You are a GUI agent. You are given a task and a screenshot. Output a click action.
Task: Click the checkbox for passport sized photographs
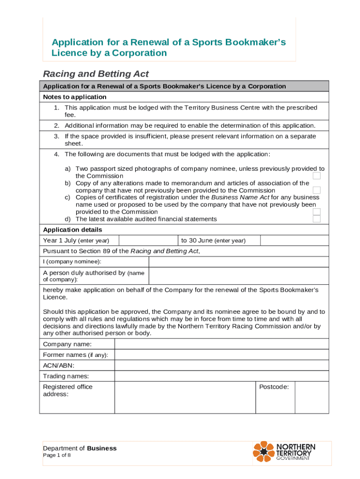pyautogui.click(x=317, y=176)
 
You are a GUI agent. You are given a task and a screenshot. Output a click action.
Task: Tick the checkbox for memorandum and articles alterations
pyautogui.click(x=317, y=190)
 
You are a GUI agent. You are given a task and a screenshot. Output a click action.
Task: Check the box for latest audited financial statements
pyautogui.click(x=317, y=219)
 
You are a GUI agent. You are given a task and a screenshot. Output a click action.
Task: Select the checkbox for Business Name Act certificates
pyautogui.click(x=317, y=211)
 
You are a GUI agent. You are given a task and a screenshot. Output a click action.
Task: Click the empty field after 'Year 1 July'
pyautogui.click(x=148, y=240)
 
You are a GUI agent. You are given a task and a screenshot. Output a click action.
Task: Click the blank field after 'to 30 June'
pyautogui.click(x=294, y=240)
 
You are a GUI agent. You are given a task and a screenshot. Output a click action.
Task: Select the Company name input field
pyautogui.click(x=221, y=344)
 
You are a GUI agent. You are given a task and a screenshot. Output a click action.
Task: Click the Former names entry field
pyautogui.click(x=221, y=355)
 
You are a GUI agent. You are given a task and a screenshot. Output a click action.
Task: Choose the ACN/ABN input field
pyautogui.click(x=221, y=365)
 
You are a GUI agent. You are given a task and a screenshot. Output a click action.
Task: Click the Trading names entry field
pyautogui.click(x=221, y=376)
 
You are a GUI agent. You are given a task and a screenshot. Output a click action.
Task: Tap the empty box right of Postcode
pyautogui.click(x=312, y=398)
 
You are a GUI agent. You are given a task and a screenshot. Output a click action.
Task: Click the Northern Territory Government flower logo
pyautogui.click(x=264, y=451)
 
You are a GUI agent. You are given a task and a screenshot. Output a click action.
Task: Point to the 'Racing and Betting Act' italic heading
pyautogui.click(x=96, y=74)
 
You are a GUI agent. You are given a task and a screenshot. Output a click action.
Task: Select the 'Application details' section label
pyautogui.click(x=72, y=230)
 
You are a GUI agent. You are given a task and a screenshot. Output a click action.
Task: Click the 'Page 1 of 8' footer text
pyautogui.click(x=57, y=455)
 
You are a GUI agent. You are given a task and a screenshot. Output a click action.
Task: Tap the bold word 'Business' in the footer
pyautogui.click(x=101, y=448)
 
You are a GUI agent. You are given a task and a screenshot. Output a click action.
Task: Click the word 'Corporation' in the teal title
pyautogui.click(x=139, y=53)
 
